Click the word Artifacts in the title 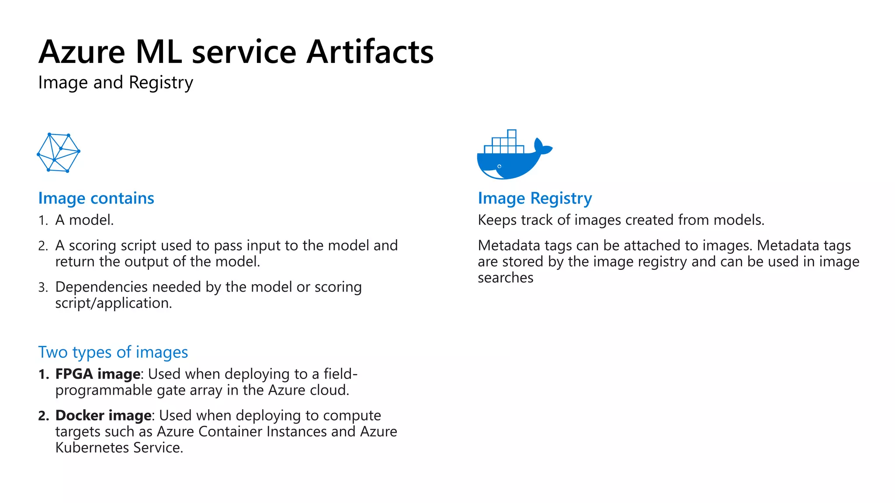pyautogui.click(x=370, y=52)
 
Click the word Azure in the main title pyautogui.click(x=82, y=52)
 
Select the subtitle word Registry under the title pyautogui.click(x=161, y=83)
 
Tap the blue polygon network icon pyautogui.click(x=59, y=152)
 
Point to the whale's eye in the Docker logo pyautogui.click(x=499, y=166)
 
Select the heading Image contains pyautogui.click(x=96, y=198)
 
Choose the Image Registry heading pyautogui.click(x=535, y=198)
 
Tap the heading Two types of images pyautogui.click(x=113, y=352)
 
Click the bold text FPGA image pyautogui.click(x=98, y=374)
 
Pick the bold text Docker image pyautogui.click(x=104, y=415)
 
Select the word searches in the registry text pyautogui.click(x=506, y=278)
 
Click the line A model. pyautogui.click(x=84, y=220)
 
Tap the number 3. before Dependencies pyautogui.click(x=43, y=287)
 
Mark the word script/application pyautogui.click(x=114, y=303)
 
